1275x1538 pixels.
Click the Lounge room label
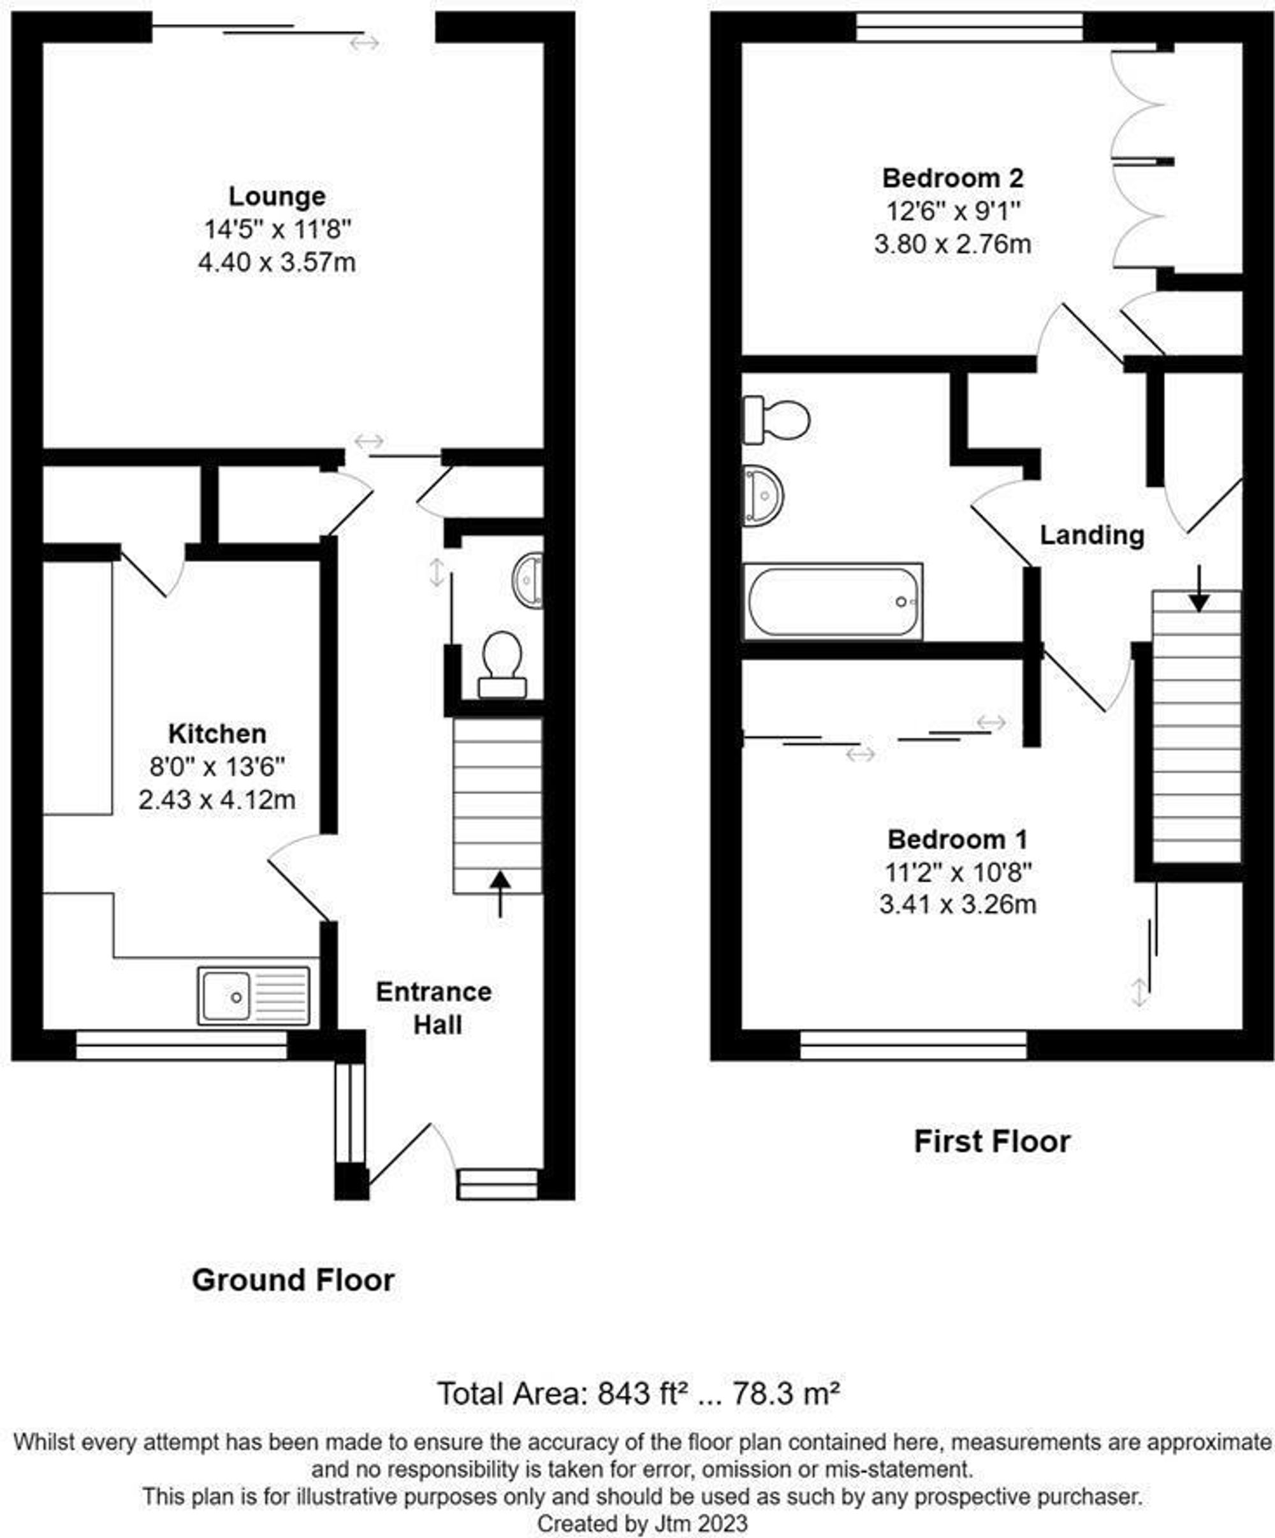[x=277, y=196]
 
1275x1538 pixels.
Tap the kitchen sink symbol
[x=253, y=996]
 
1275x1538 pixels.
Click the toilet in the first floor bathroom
[x=776, y=419]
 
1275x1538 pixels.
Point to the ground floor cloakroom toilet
[x=502, y=665]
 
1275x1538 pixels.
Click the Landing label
[x=1092, y=535]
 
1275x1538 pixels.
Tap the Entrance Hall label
[x=434, y=1008]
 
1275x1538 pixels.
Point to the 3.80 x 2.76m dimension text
[x=952, y=244]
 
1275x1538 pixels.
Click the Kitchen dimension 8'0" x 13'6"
[x=217, y=767]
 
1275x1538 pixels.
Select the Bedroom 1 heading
[x=957, y=839]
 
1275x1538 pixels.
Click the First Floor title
[x=991, y=1142]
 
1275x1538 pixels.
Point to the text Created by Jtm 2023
[x=642, y=1524]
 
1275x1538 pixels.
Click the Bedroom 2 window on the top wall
[x=969, y=27]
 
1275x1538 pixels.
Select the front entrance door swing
[x=410, y=1155]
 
